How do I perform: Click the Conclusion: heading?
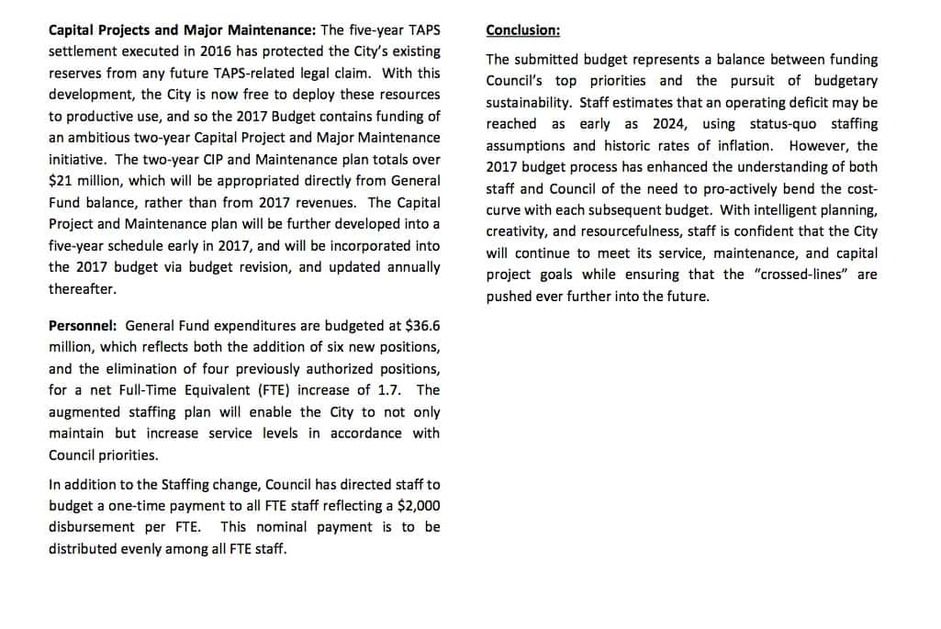point(522,30)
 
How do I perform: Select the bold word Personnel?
point(83,326)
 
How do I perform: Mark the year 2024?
point(669,124)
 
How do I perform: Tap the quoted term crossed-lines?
point(800,275)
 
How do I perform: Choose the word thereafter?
point(83,288)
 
